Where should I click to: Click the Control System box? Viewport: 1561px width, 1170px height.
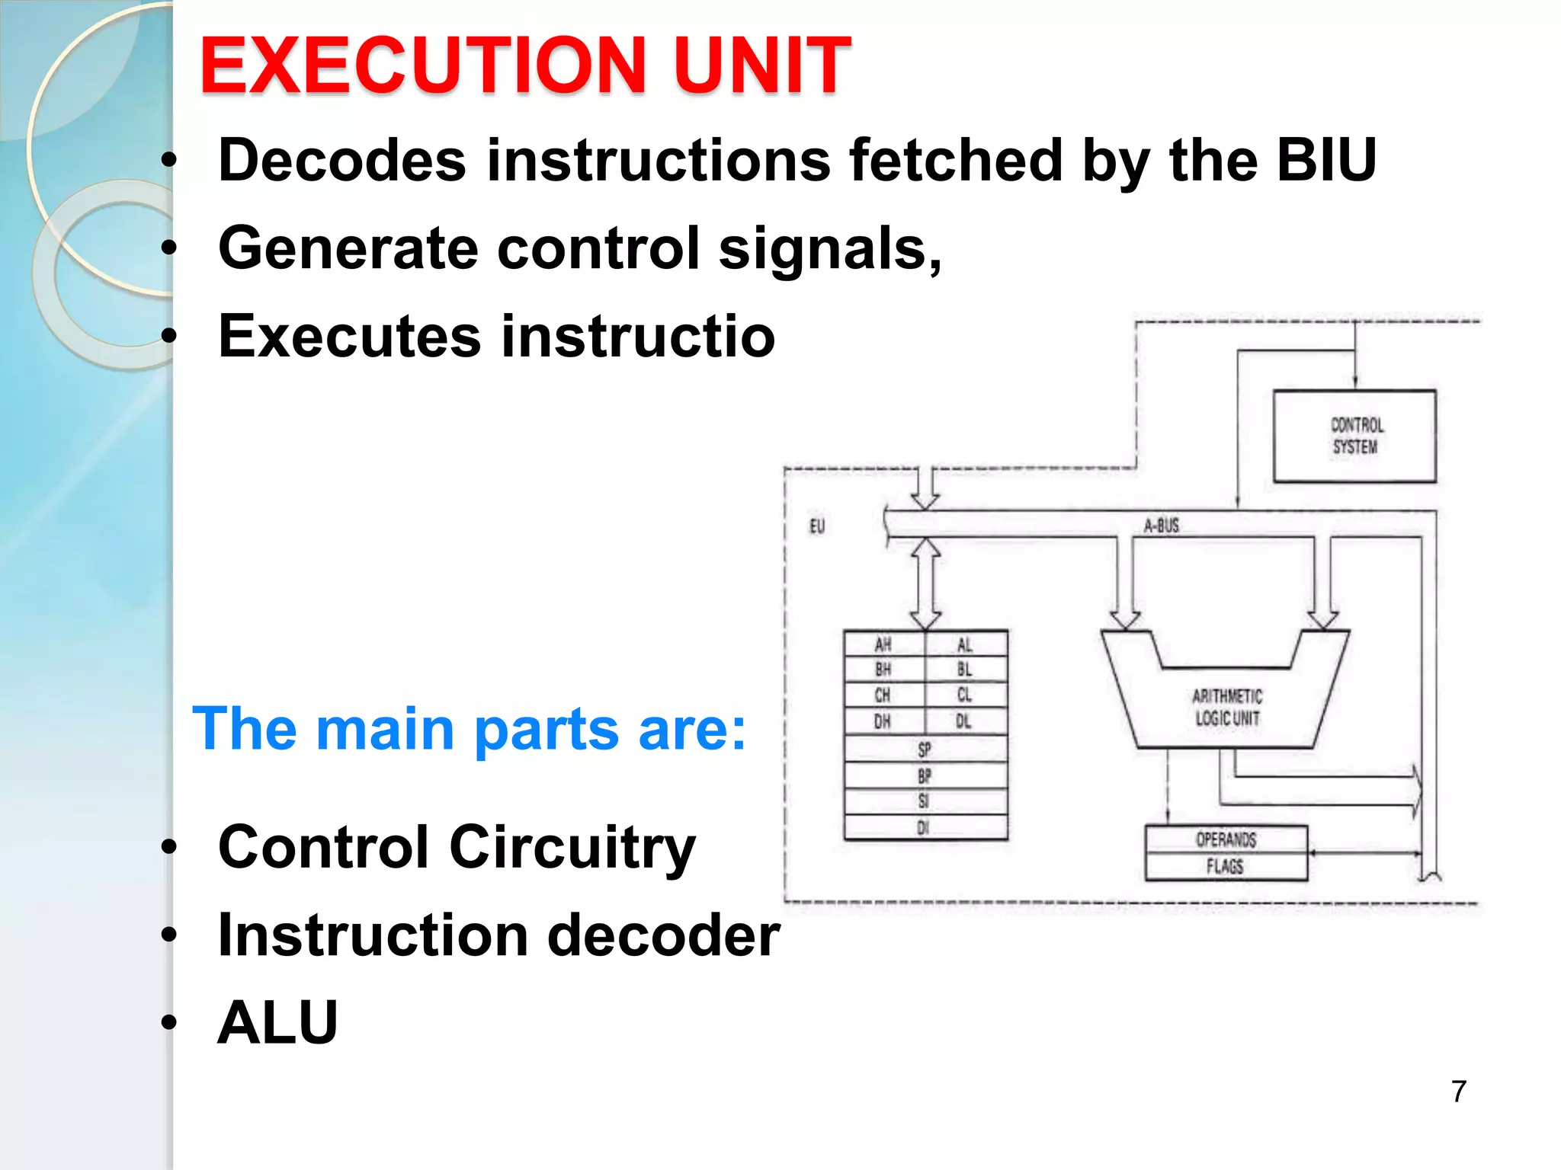1354,436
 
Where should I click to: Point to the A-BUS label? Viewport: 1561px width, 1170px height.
1161,526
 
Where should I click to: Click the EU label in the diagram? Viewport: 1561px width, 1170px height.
816,526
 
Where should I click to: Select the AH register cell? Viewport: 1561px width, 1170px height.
883,645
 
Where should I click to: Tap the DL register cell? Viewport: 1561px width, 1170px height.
964,721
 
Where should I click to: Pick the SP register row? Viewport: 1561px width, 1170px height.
925,750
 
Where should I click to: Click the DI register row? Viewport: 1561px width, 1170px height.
924,827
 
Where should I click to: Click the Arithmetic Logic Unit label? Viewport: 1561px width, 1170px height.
1226,707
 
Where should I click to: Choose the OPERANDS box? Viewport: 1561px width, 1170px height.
1226,839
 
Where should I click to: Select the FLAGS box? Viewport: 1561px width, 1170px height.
1225,867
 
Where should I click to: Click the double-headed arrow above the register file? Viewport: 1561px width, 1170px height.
925,583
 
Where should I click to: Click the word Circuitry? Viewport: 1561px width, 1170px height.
572,848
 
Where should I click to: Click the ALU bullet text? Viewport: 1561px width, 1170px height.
277,1023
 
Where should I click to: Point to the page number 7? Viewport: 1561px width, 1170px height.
1459,1092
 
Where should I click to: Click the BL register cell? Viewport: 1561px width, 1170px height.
964,670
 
